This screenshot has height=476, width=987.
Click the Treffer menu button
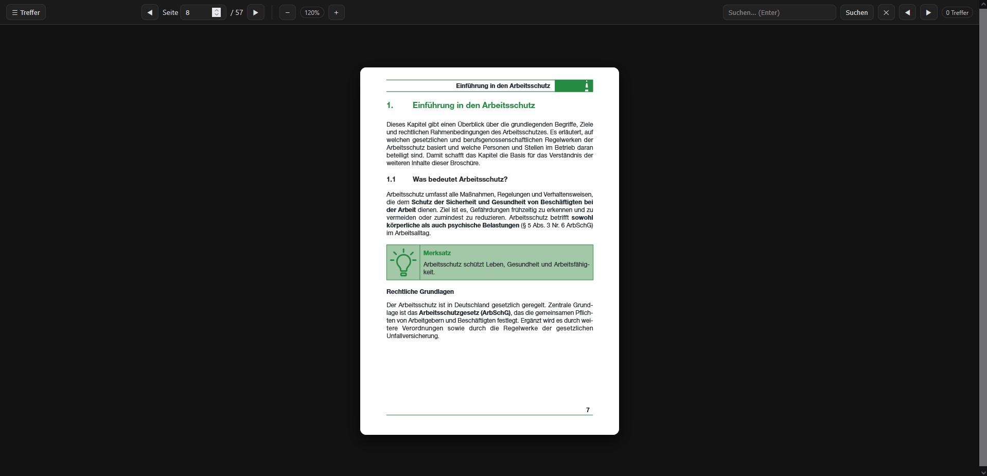coord(26,12)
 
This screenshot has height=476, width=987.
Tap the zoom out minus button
coord(287,12)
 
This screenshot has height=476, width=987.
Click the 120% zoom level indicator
coord(312,12)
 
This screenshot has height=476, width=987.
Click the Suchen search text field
coord(779,12)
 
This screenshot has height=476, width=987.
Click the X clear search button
coord(886,12)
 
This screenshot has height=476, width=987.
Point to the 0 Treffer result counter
coord(957,12)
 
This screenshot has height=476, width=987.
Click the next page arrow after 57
coord(255,12)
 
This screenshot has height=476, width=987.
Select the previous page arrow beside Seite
coord(150,12)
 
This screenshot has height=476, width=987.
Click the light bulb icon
coord(403,262)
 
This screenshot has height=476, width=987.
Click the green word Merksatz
coord(437,253)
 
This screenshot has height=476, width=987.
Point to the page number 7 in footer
coord(588,410)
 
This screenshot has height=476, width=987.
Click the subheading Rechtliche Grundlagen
coord(420,292)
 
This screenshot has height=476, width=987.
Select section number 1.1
coord(391,180)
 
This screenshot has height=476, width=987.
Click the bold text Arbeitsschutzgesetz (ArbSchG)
coord(465,313)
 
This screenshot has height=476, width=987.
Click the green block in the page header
coord(573,86)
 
